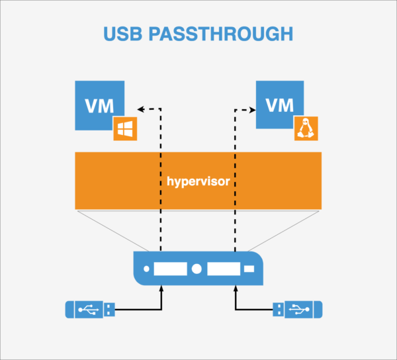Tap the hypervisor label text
click(x=198, y=180)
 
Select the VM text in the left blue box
click(x=99, y=105)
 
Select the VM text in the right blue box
click(x=280, y=105)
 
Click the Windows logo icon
click(x=124, y=129)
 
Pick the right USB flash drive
click(x=298, y=308)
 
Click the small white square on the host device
click(x=249, y=270)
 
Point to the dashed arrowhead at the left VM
click(x=140, y=108)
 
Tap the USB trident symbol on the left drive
click(x=85, y=308)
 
